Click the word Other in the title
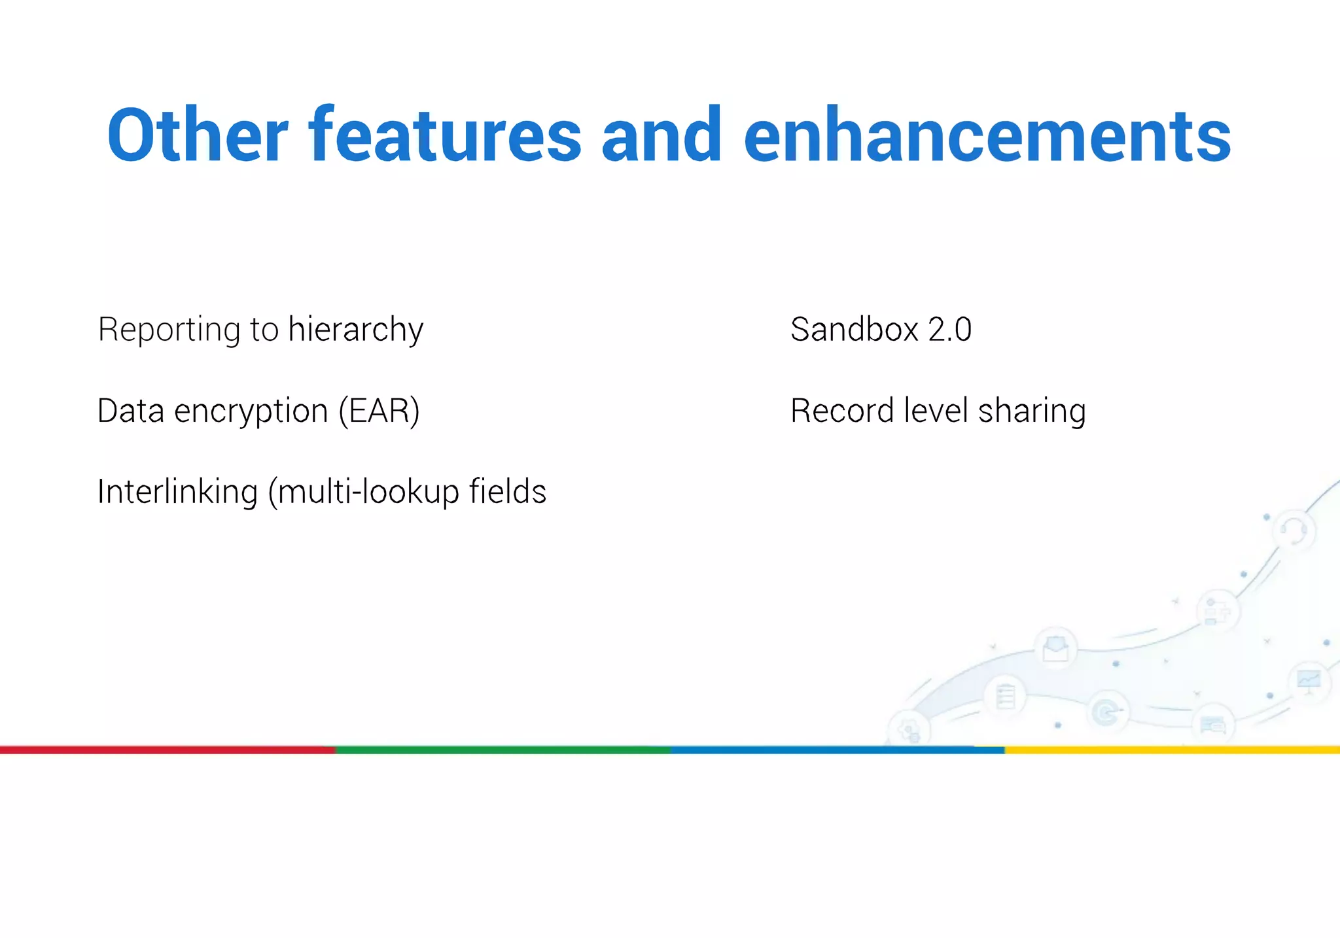tap(197, 135)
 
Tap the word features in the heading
tap(445, 135)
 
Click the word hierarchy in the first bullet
tap(355, 329)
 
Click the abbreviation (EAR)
tap(379, 411)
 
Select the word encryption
tap(251, 411)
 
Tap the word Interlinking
tap(177, 492)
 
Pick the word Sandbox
tap(854, 329)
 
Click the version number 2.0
tap(949, 329)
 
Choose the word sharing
tap(1032, 411)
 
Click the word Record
tap(842, 411)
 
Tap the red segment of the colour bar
tap(167, 750)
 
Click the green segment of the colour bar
tap(502, 750)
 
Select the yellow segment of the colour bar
tap(1171, 750)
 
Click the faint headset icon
tap(1293, 529)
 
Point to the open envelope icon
tap(1055, 648)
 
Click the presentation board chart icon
tap(1309, 681)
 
